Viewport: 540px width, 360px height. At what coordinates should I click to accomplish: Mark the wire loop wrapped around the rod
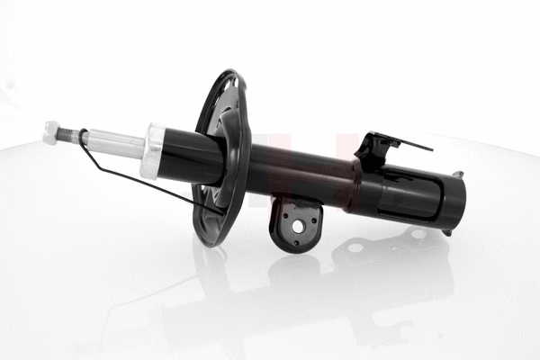click(x=83, y=138)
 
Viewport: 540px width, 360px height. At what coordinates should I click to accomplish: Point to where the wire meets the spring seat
click(x=216, y=212)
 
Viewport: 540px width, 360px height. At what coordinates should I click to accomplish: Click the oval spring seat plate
click(x=221, y=157)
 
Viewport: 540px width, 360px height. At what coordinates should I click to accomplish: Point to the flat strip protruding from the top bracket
click(x=415, y=144)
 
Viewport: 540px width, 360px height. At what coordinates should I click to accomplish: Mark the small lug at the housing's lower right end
click(x=446, y=232)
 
